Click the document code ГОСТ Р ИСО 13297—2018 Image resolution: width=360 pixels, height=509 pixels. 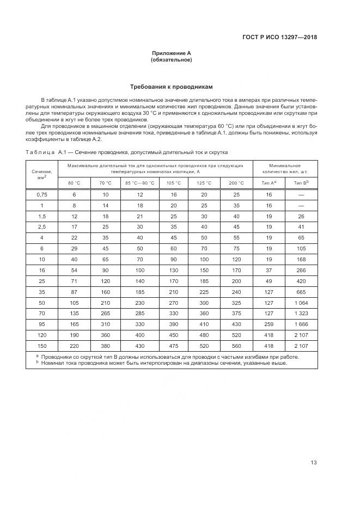[279, 38]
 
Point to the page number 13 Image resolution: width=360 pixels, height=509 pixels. [314, 463]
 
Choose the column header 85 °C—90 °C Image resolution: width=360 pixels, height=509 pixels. [140, 182]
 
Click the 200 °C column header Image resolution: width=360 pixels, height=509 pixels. [236, 182]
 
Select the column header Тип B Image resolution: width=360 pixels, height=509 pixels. [301, 182]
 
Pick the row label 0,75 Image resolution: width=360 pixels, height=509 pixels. [42, 195]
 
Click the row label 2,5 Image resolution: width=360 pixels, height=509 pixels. [42, 226]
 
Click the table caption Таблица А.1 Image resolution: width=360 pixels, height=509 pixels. [126, 152]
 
